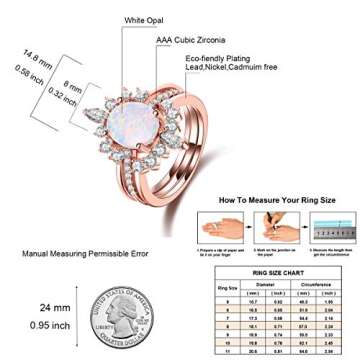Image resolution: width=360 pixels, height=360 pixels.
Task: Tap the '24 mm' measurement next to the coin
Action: coord(55,307)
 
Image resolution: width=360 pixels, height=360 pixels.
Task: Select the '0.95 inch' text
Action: coord(50,325)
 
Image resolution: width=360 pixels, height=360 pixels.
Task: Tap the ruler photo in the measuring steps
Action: coord(332,228)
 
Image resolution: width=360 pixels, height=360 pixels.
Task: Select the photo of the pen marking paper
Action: coord(276,228)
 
